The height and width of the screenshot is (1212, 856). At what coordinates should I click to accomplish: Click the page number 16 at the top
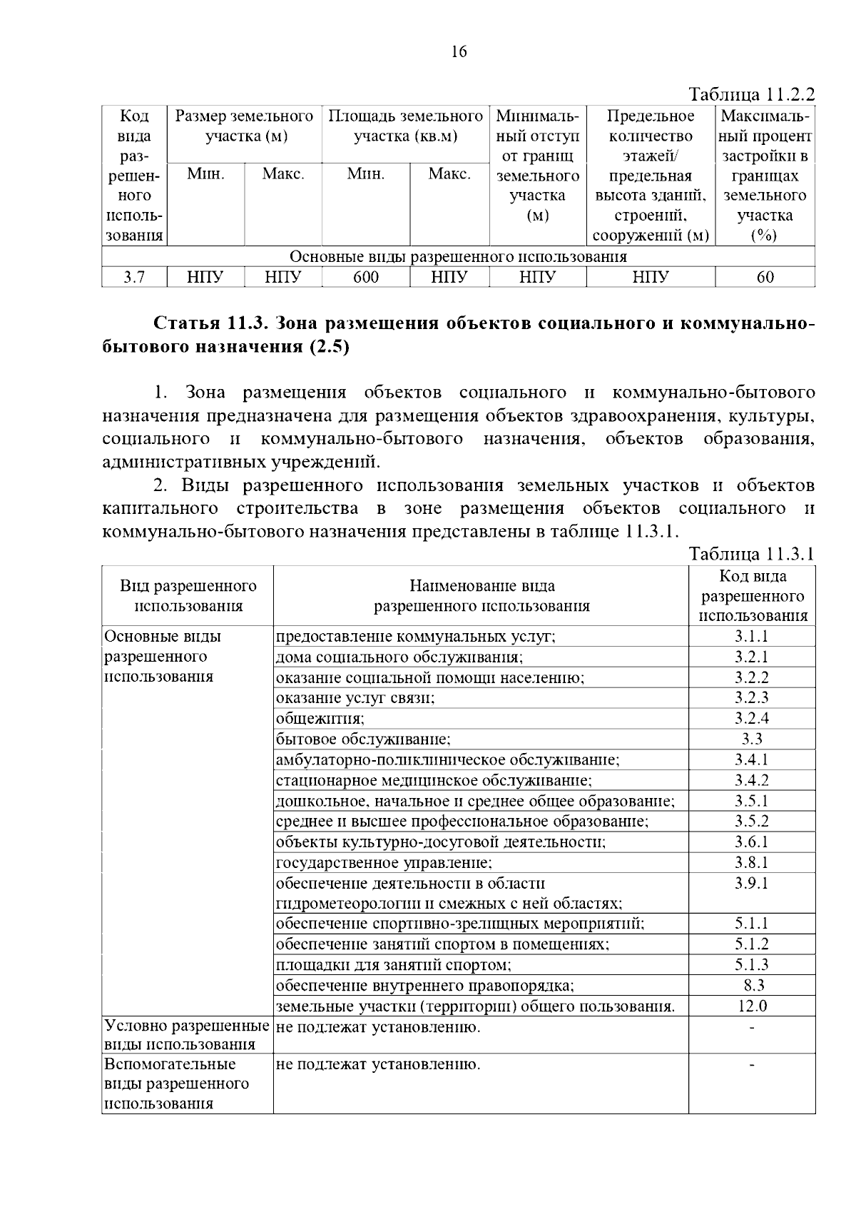(459, 51)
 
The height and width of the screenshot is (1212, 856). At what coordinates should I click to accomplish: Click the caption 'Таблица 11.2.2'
(751, 94)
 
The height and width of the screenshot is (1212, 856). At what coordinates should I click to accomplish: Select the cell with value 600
(366, 277)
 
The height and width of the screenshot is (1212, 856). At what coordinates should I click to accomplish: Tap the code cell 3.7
(134, 277)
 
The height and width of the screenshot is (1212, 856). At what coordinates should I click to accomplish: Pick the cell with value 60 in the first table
(765, 277)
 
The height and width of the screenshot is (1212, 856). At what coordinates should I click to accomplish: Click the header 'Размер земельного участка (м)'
(245, 126)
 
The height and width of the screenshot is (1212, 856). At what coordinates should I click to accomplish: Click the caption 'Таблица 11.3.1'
(751, 554)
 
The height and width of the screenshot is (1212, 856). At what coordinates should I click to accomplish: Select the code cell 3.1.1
(752, 637)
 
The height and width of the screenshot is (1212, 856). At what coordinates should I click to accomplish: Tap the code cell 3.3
(752, 739)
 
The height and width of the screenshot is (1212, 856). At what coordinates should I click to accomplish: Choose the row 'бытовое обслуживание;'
(363, 739)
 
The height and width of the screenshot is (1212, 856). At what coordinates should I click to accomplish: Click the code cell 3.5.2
(752, 821)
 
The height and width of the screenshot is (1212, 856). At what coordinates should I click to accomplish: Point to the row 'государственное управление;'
(384, 862)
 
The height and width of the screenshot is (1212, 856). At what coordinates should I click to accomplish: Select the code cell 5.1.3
(752, 964)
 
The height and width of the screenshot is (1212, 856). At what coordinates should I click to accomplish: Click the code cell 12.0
(752, 1006)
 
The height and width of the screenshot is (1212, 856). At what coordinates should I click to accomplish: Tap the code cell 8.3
(752, 985)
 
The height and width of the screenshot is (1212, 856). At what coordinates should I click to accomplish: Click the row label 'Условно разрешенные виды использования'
(187, 1035)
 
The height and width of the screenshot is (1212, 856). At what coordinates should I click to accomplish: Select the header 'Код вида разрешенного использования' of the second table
(753, 596)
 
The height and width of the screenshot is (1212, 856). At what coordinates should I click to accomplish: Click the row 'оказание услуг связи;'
(355, 698)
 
